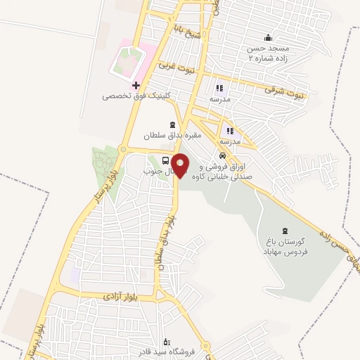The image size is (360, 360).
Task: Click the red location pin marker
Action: click(181, 166)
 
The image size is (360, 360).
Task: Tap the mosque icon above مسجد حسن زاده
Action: click(267, 38)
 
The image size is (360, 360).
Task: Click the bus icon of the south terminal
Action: click(166, 160)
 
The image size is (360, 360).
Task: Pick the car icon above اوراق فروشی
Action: click(222, 155)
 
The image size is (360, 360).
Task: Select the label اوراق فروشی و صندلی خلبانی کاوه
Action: click(225, 172)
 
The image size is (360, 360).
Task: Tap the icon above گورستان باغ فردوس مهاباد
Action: click(285, 231)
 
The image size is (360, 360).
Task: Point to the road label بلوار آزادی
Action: click(104, 297)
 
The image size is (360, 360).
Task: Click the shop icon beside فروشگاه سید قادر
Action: click(166, 340)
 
